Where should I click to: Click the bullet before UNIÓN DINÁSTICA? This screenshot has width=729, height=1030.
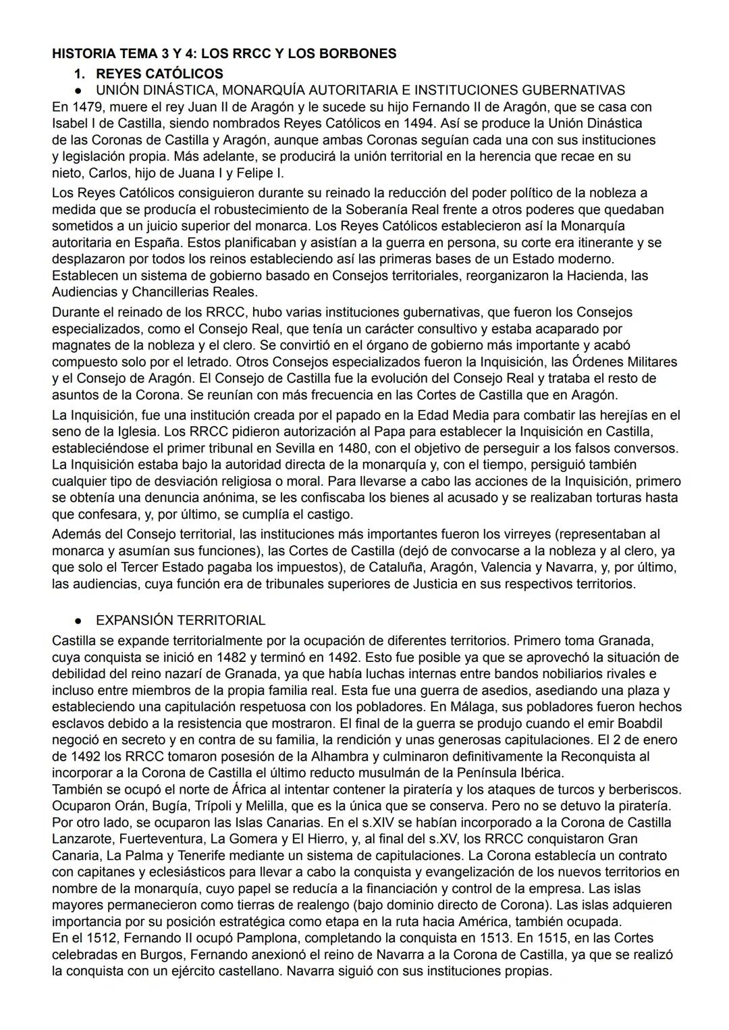pyautogui.click(x=79, y=91)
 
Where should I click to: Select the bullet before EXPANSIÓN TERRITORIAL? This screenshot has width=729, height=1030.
pyautogui.click(x=79, y=621)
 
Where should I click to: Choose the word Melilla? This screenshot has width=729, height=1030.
pyautogui.click(x=265, y=806)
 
